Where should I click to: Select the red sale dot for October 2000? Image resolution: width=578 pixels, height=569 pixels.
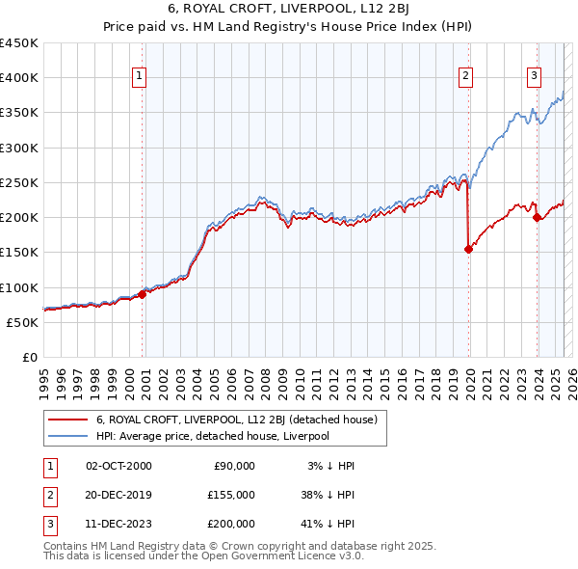142,294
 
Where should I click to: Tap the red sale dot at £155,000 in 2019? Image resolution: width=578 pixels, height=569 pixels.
469,249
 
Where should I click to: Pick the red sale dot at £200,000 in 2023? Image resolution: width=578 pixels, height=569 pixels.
537,217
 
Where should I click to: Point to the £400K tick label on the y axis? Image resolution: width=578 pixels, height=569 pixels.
19,78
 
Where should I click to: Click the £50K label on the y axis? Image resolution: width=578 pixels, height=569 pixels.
23,322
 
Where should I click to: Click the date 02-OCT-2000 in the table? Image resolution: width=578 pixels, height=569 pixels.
118,466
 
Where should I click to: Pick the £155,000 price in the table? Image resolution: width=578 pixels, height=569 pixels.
231,494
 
